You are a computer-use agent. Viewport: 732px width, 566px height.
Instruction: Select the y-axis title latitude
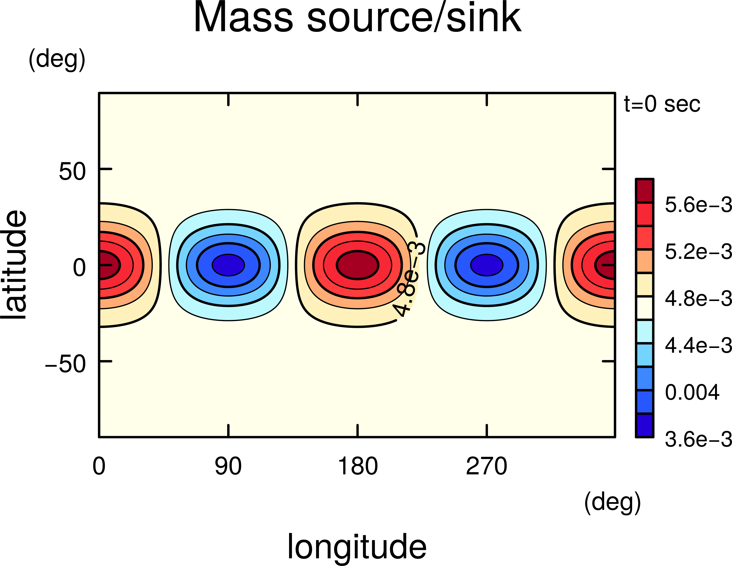click(14, 265)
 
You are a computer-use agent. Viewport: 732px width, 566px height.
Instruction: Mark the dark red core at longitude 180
click(358, 265)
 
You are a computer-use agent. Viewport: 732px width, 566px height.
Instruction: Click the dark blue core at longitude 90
click(228, 265)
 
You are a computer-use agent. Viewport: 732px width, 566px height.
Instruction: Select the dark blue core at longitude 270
click(487, 265)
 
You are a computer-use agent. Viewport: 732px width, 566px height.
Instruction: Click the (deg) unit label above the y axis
click(57, 60)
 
